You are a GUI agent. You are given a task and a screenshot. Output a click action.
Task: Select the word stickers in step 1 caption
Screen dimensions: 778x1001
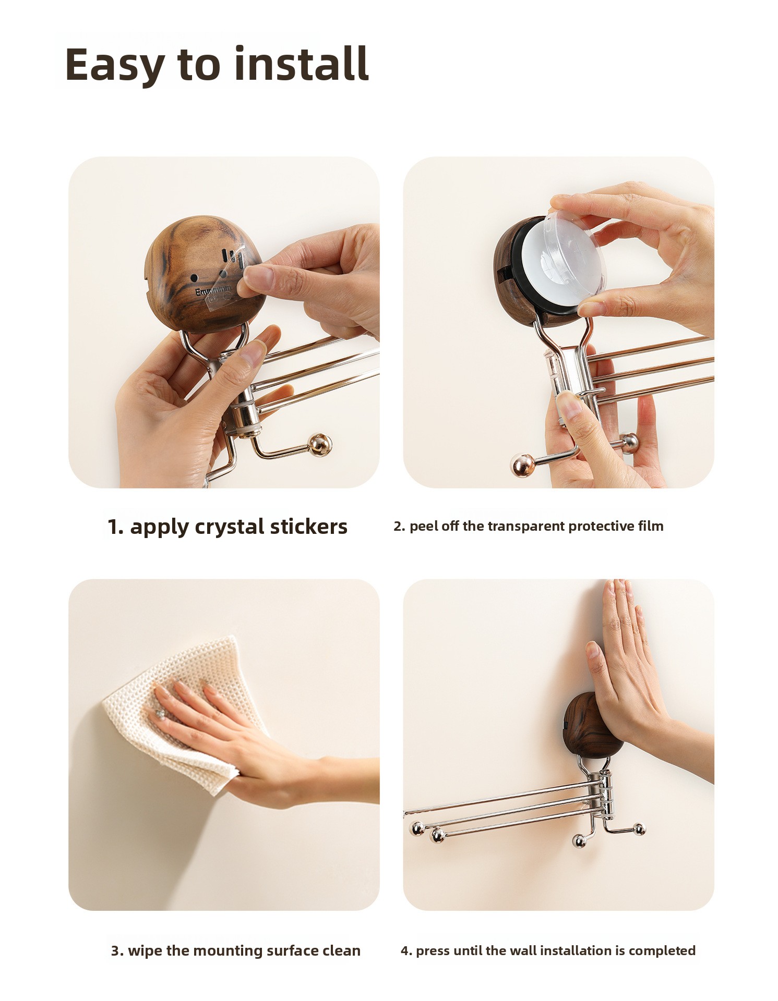click(x=308, y=527)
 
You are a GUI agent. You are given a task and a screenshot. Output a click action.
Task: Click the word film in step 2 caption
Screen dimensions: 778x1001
click(x=651, y=526)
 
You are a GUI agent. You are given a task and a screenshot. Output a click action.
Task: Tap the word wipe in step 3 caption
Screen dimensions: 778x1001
click(x=145, y=951)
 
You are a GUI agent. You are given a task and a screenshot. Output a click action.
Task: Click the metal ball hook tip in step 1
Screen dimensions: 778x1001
click(x=320, y=445)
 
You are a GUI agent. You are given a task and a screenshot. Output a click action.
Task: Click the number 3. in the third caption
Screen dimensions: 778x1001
click(x=117, y=951)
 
